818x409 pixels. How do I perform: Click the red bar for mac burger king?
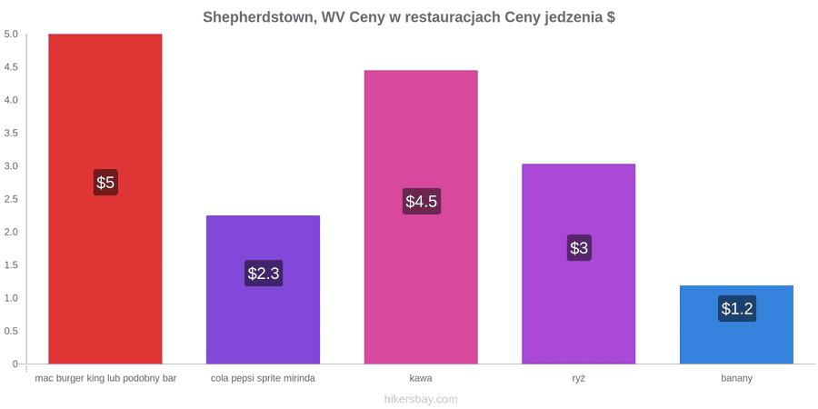[x=105, y=199]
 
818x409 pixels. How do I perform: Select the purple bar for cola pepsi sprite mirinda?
[x=263, y=290]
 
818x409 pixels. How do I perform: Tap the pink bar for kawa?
[x=421, y=217]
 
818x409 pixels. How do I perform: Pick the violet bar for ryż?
[x=579, y=264]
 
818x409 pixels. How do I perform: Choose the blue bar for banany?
[x=736, y=324]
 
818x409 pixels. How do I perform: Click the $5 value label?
[x=105, y=183]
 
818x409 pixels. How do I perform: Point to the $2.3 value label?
[x=264, y=274]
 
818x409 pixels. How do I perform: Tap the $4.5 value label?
[x=422, y=202]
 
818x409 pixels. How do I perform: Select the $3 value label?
[x=579, y=248]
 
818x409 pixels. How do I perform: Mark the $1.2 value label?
[x=737, y=308]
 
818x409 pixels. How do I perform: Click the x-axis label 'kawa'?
[x=421, y=378]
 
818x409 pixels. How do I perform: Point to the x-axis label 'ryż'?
[x=579, y=379]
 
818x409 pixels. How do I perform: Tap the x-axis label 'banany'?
[x=736, y=379]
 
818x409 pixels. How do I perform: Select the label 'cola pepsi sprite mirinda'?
[x=263, y=379]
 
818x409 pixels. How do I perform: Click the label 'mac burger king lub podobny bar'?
[x=105, y=379]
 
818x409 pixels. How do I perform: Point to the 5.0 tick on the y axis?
[x=12, y=35]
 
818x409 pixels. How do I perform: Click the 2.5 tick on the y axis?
[x=12, y=199]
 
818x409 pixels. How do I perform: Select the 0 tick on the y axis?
[x=15, y=364]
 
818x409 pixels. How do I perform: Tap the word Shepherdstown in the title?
[x=259, y=17]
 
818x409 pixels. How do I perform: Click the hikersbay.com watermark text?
[x=421, y=400]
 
